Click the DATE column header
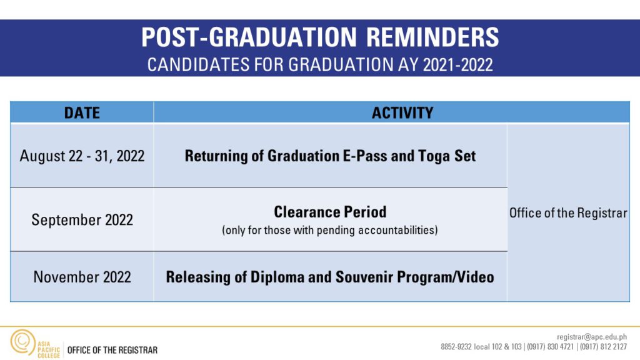coord(82,112)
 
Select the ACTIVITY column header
coord(402,112)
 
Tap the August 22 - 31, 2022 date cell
coord(82,156)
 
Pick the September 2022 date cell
coord(82,219)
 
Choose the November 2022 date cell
coord(82,277)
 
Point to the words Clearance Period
coord(330,212)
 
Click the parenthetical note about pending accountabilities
coord(330,231)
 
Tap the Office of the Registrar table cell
coord(568,213)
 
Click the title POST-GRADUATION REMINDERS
coord(320,37)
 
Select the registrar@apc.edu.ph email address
coord(592,337)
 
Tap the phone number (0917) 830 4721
coord(550,346)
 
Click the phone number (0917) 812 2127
coord(603,346)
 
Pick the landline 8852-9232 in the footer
coord(456,346)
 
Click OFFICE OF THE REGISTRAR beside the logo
coord(112,350)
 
